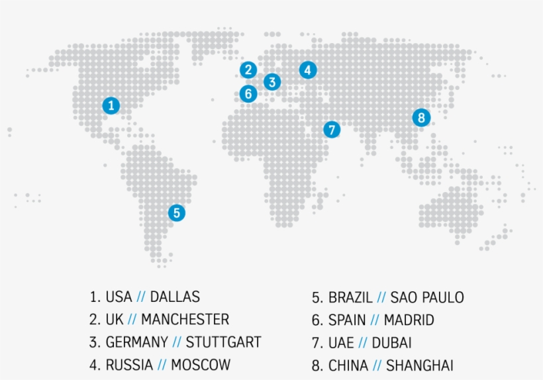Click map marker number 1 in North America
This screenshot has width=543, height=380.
tap(111, 105)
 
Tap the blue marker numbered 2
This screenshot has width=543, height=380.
tap(248, 70)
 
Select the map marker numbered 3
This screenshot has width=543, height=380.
tap(271, 82)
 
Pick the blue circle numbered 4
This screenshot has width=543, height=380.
tap(307, 70)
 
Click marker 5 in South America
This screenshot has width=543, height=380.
tap(176, 213)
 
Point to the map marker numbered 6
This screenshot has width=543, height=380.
tap(248, 93)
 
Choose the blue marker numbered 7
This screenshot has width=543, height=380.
tap(332, 130)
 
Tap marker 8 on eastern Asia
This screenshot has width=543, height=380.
tap(421, 118)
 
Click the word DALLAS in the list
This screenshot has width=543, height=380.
tap(175, 297)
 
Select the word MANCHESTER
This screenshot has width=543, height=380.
tap(185, 320)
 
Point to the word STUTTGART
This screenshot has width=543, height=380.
tap(223, 342)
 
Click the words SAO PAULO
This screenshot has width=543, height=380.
tap(427, 297)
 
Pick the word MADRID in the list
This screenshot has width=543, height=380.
tap(409, 320)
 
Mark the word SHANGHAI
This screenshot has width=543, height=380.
tap(420, 365)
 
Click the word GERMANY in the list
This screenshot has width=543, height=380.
tap(136, 342)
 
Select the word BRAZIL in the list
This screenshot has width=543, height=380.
tap(350, 297)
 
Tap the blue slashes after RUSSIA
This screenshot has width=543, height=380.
tap(160, 365)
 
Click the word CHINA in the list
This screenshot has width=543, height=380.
tap(349, 365)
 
